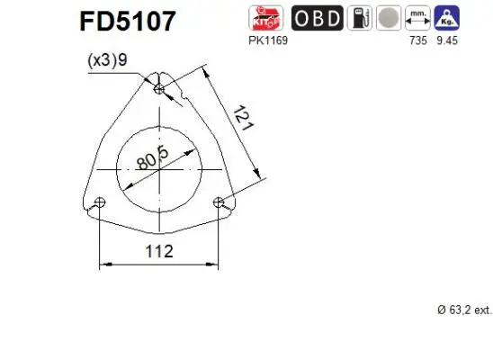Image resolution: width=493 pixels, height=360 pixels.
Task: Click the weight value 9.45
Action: pyautogui.click(x=445, y=41)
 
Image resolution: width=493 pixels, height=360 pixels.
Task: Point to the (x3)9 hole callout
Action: pyautogui.click(x=108, y=62)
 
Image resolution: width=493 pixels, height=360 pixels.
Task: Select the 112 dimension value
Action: pyautogui.click(x=158, y=252)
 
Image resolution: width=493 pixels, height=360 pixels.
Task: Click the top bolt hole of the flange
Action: pyautogui.click(x=159, y=89)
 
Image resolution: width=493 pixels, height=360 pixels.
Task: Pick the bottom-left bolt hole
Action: pyautogui.click(x=100, y=202)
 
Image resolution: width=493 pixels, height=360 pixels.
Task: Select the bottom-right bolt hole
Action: pyautogui.click(x=218, y=202)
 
